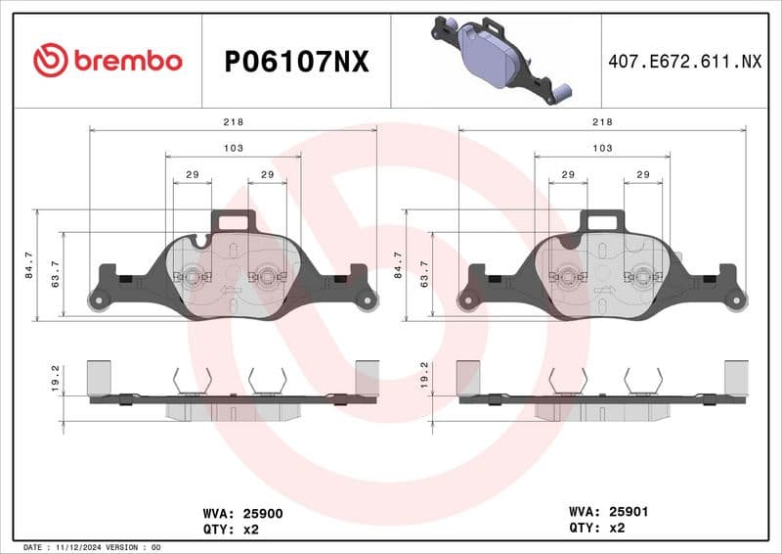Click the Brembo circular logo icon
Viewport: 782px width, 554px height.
click(50, 61)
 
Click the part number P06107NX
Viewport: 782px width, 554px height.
click(296, 62)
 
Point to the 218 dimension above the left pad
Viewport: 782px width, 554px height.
click(234, 121)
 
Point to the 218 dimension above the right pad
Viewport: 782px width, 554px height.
click(603, 121)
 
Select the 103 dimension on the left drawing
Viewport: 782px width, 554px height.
click(234, 148)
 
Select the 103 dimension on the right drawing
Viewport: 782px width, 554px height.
click(603, 148)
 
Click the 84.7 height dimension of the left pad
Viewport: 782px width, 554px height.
click(28, 264)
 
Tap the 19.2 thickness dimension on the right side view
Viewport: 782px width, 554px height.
click(424, 376)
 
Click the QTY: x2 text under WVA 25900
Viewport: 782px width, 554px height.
click(232, 529)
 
